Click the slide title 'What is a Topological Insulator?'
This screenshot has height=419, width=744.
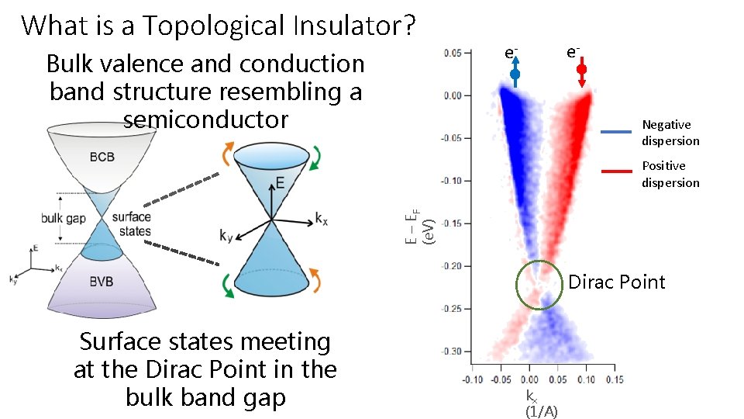pyautogui.click(x=219, y=26)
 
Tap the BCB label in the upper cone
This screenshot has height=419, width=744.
pyautogui.click(x=102, y=157)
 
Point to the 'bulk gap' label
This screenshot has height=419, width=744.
pyautogui.click(x=63, y=219)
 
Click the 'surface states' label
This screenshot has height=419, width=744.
pyautogui.click(x=131, y=224)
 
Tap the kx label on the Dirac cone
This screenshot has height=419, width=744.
pyautogui.click(x=322, y=219)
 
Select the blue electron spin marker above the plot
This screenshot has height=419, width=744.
pyautogui.click(x=515, y=74)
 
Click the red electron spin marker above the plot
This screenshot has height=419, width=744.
pyautogui.click(x=581, y=70)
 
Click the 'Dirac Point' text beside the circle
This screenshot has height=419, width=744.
pyautogui.click(x=616, y=282)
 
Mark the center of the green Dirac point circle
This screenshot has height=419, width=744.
pyautogui.click(x=539, y=285)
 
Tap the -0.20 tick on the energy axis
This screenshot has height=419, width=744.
pyautogui.click(x=452, y=266)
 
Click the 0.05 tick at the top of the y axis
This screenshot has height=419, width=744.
pyautogui.click(x=453, y=53)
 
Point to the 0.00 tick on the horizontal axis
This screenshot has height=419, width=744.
pyautogui.click(x=529, y=379)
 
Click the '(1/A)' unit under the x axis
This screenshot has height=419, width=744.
pyautogui.click(x=541, y=411)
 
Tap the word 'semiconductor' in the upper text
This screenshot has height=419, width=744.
pyautogui.click(x=205, y=119)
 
